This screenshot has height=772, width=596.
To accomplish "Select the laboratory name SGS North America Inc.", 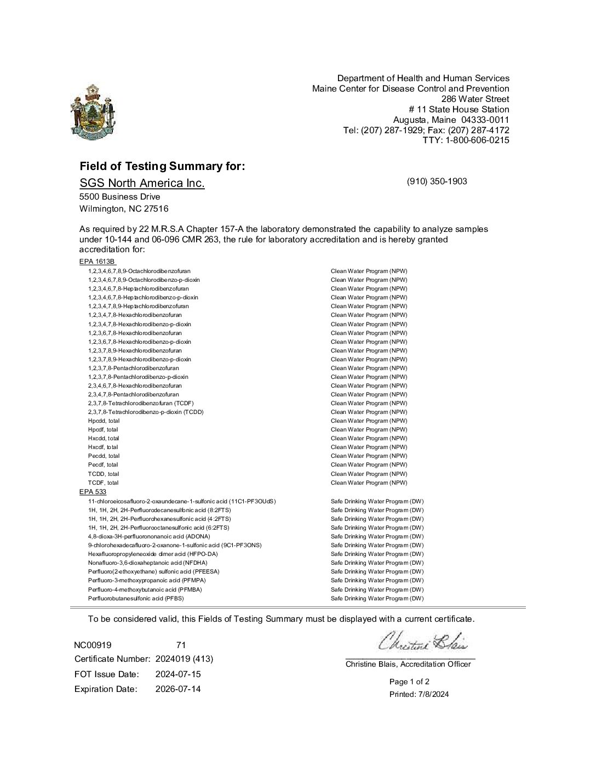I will (x=142, y=183).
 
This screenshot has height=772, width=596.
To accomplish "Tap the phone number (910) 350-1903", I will (x=437, y=181).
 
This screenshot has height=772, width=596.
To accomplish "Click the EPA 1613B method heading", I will (x=98, y=262).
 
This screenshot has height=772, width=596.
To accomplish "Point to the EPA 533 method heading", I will (x=93, y=492).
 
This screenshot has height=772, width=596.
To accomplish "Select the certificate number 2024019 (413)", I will (x=184, y=659).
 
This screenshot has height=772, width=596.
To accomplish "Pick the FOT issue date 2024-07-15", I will (x=178, y=674).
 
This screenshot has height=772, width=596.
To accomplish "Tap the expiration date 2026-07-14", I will (x=178, y=689).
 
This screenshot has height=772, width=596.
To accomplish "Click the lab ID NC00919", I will (x=93, y=645).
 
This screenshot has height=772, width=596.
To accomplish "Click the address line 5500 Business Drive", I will (x=120, y=196).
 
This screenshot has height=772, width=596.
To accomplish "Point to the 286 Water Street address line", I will (x=475, y=99).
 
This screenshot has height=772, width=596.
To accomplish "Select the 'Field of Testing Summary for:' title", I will (x=162, y=166).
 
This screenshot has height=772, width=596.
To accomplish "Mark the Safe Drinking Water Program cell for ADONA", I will (x=377, y=536).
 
